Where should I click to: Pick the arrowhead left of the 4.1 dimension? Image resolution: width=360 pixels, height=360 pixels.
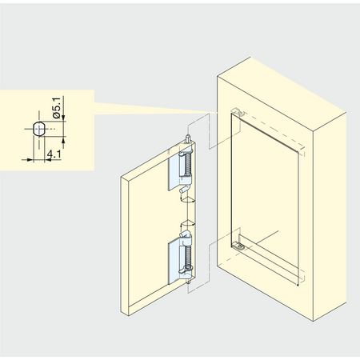tap(31, 159)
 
